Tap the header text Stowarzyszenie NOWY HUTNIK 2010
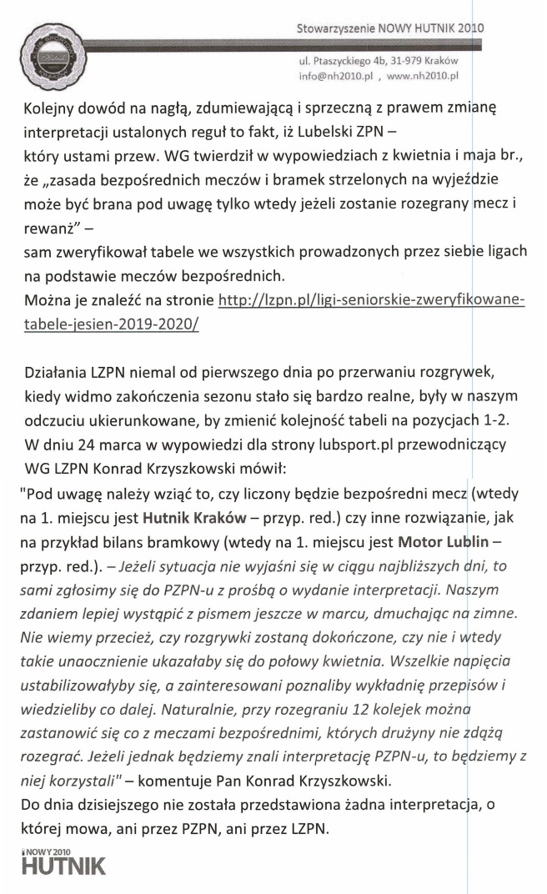[x=389, y=28]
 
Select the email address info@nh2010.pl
[x=334, y=75]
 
